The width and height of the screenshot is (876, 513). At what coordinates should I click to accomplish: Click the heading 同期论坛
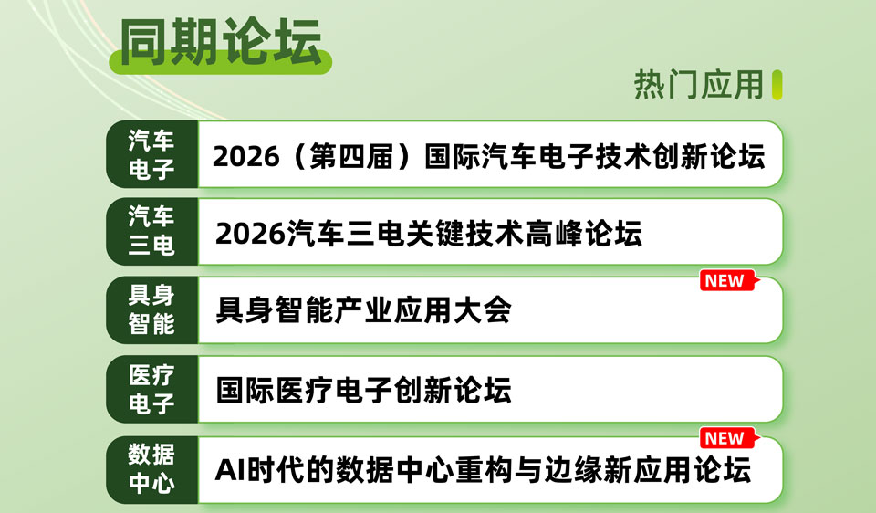(x=221, y=42)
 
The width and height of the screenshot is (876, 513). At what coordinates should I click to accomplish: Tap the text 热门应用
(x=698, y=85)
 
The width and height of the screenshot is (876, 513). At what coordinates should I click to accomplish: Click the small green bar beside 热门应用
(x=777, y=85)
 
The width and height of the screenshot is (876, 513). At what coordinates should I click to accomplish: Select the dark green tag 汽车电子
(x=152, y=154)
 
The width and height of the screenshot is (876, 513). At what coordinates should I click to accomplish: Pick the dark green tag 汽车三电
(x=152, y=231)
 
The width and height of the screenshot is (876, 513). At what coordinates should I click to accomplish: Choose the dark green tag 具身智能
(x=152, y=309)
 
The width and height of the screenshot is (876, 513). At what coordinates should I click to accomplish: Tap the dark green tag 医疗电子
(x=152, y=389)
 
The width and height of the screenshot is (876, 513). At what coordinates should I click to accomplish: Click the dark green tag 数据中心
(x=152, y=469)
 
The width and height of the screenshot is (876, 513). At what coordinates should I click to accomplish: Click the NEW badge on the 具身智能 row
(x=727, y=280)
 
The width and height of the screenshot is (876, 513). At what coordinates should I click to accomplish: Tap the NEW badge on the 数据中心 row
(x=727, y=438)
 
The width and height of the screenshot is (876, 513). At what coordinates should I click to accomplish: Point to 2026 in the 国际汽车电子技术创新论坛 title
(x=245, y=156)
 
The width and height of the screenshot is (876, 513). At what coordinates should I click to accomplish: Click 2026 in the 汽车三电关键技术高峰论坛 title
(x=250, y=234)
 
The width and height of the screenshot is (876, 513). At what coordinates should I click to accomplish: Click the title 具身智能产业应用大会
(x=363, y=310)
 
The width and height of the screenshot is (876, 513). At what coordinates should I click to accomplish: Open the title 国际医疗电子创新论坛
(x=363, y=390)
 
